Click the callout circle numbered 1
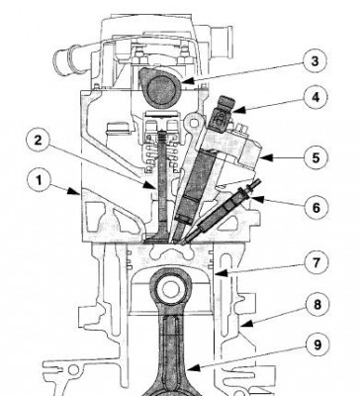click(40, 181)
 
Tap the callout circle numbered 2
click(39, 140)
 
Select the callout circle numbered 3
click(315, 61)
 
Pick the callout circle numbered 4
click(315, 97)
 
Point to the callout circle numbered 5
click(315, 157)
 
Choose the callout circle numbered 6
click(315, 208)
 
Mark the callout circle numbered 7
click(315, 262)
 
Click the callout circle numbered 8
click(317, 304)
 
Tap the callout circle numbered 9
click(317, 346)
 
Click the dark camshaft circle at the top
click(159, 87)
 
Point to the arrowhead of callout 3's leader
click(186, 80)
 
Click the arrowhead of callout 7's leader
click(221, 273)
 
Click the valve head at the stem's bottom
click(156, 239)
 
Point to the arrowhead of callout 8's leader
click(246, 324)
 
